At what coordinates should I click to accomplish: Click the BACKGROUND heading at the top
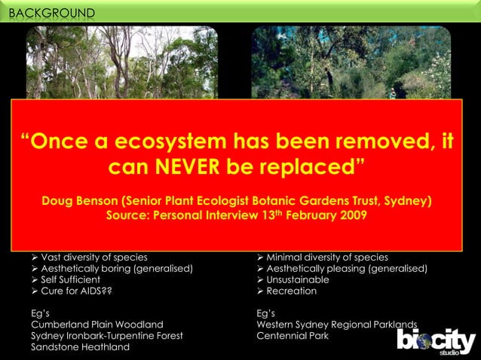[x=52, y=13]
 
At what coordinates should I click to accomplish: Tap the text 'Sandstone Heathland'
[x=80, y=347]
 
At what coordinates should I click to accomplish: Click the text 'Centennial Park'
[x=293, y=336]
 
